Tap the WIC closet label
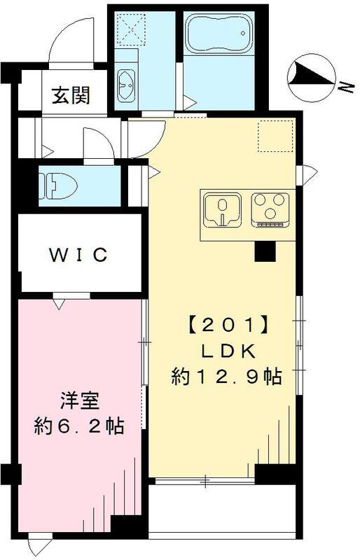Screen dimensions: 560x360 [x=78, y=255]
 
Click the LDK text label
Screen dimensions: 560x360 [x=226, y=351]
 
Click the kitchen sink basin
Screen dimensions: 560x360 [x=222, y=209]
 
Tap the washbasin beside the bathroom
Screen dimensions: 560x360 [x=126, y=86]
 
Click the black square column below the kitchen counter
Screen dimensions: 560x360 [x=264, y=251]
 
